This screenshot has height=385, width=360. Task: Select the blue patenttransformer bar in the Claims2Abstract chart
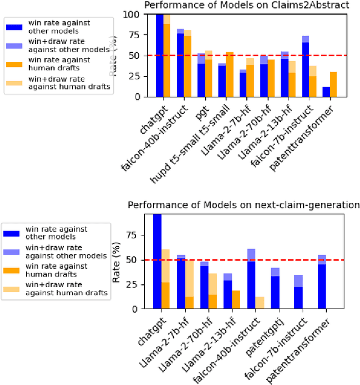click(327, 92)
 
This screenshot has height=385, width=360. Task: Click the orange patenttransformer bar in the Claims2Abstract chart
click(334, 84)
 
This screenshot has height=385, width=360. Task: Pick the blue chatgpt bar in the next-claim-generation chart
click(157, 261)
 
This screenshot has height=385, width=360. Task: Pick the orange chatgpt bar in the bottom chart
click(165, 295)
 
